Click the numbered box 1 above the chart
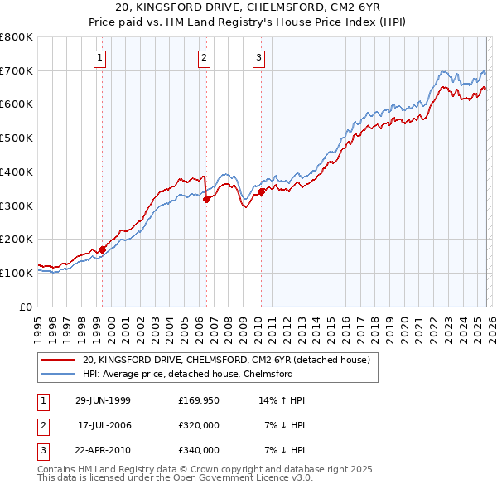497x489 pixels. click(x=100, y=57)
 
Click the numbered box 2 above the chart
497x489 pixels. click(x=204, y=57)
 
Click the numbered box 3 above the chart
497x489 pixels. click(x=258, y=57)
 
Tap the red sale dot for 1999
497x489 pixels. click(x=103, y=249)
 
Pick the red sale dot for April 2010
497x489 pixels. click(x=261, y=191)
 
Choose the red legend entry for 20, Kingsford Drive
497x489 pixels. click(x=231, y=360)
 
